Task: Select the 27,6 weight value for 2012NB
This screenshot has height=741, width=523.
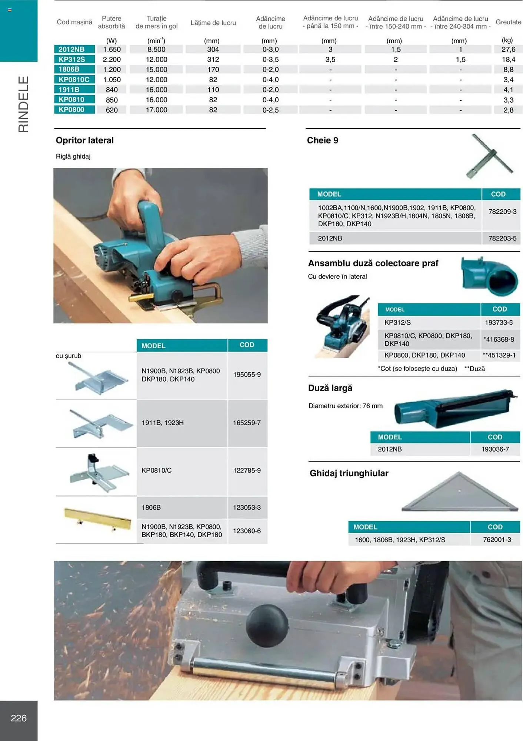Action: pos(508,49)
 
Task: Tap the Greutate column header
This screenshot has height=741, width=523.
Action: pos(508,22)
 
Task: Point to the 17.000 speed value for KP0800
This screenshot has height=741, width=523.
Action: pos(156,110)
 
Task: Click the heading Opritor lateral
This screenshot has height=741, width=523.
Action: pos(85,140)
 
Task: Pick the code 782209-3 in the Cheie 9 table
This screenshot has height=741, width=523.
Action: pos(502,212)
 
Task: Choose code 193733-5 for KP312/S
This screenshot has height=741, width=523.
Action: pos(499,323)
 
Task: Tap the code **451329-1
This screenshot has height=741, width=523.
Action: pos(499,355)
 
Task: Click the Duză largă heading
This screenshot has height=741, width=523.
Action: pos(330,388)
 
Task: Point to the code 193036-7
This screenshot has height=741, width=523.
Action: pos(495,449)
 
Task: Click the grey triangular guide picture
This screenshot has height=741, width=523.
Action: pos(459,493)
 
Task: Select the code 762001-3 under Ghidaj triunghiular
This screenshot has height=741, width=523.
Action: pos(497,540)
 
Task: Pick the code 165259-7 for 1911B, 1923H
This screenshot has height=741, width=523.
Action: pos(247,423)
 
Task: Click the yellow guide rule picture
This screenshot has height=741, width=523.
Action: pos(98,519)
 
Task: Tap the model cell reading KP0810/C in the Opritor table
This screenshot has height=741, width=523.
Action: pos(157,471)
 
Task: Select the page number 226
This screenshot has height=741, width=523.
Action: pos(19,718)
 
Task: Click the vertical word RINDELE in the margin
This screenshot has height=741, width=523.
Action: pos(23,104)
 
